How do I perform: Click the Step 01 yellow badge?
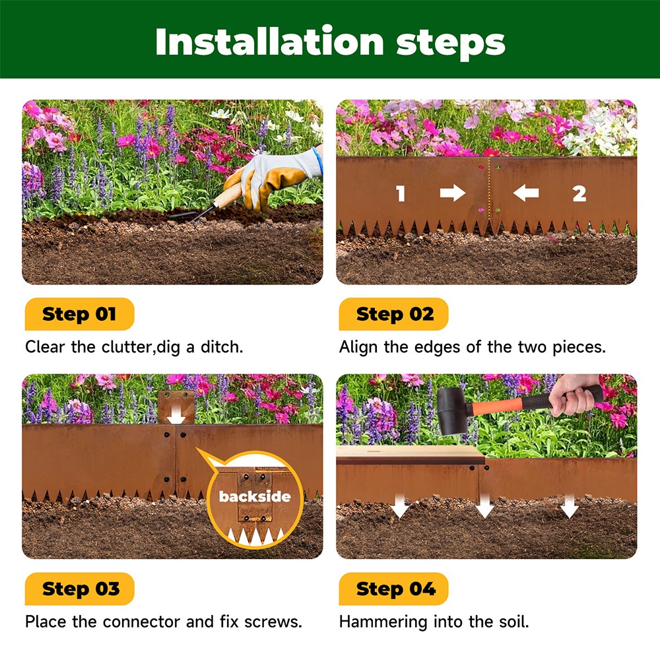(79, 314)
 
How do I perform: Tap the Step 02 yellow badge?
(394, 314)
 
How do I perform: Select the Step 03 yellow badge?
(79, 589)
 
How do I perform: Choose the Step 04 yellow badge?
(394, 589)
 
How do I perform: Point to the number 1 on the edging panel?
(401, 193)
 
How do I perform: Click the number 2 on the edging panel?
(579, 193)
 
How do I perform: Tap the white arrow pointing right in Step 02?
(453, 193)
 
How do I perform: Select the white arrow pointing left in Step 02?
(526, 193)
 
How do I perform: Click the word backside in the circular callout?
(254, 496)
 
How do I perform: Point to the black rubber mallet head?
(453, 411)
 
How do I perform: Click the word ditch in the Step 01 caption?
(222, 347)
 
